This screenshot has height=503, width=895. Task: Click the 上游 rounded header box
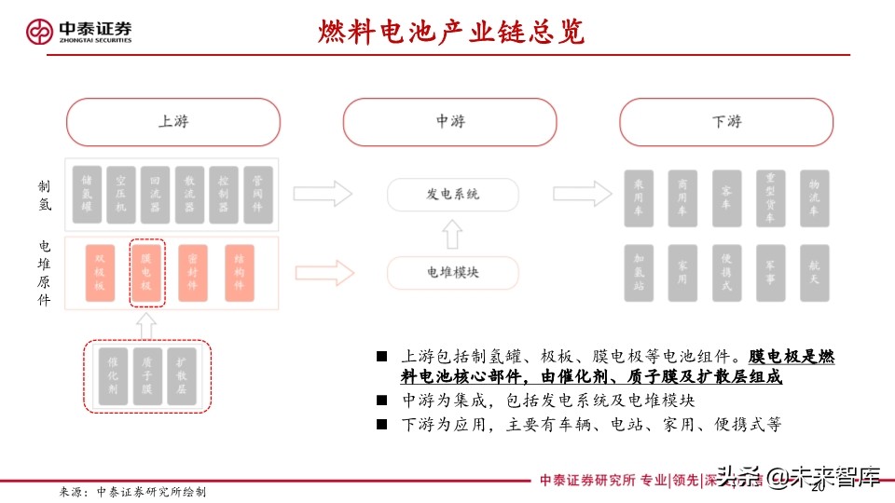[172, 122]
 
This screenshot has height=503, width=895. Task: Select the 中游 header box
[449, 122]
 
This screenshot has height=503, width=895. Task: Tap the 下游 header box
[726, 122]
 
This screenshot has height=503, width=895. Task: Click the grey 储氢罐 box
[87, 195]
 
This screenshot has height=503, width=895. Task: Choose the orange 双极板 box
[100, 272]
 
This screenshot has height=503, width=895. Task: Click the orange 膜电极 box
[145, 272]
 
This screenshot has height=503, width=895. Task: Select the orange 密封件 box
[192, 272]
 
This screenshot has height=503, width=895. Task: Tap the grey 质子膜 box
[146, 376]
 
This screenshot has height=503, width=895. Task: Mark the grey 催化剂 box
[111, 376]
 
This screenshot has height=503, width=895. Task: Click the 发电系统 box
[452, 194]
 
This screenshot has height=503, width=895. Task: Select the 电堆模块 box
[452, 272]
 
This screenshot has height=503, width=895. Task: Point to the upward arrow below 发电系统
[452, 234]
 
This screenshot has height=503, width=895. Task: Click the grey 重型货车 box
[770, 197]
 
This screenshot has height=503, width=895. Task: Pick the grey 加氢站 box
[639, 272]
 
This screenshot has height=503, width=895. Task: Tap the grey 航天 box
[814, 272]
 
